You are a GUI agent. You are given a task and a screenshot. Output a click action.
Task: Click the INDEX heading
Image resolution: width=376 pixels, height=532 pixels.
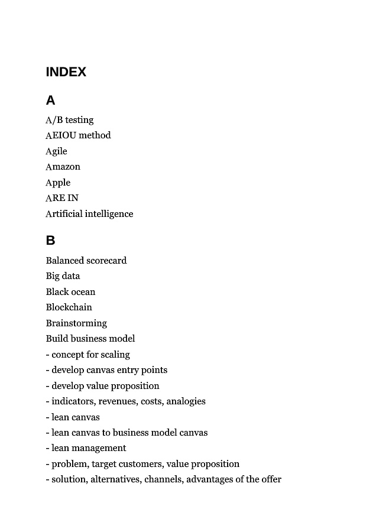click(66, 72)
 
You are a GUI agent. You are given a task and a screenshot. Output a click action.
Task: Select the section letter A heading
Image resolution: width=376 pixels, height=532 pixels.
click(50, 100)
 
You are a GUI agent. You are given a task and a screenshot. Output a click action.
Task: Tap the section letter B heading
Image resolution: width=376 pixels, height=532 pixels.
click(50, 241)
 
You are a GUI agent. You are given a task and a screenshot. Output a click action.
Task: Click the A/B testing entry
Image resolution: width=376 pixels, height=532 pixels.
click(70, 120)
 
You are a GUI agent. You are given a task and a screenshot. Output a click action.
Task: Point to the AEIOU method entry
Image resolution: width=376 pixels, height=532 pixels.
click(78, 135)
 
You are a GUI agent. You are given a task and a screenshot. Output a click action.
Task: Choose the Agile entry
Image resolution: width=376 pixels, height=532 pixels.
click(57, 151)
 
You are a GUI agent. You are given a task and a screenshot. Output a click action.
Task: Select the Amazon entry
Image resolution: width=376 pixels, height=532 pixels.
click(63, 167)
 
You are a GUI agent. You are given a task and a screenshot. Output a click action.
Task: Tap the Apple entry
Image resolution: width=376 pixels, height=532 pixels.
click(58, 183)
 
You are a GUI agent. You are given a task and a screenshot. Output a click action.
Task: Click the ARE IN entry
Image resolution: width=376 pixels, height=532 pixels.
click(62, 198)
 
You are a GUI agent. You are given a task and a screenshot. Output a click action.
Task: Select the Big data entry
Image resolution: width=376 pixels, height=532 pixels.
click(63, 276)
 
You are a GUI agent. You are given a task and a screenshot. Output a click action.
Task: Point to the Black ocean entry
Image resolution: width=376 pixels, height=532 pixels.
click(70, 292)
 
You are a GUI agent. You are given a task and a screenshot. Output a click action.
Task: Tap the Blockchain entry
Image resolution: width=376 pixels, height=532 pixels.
click(69, 307)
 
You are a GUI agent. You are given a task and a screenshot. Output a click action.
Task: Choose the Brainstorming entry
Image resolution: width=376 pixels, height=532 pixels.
click(77, 323)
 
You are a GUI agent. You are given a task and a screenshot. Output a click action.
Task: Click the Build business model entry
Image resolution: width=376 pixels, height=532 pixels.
click(90, 339)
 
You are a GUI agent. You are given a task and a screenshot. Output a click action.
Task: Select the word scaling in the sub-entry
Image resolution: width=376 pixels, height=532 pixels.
click(116, 355)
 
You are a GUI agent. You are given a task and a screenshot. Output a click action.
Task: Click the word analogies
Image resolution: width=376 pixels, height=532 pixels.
click(186, 401)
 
